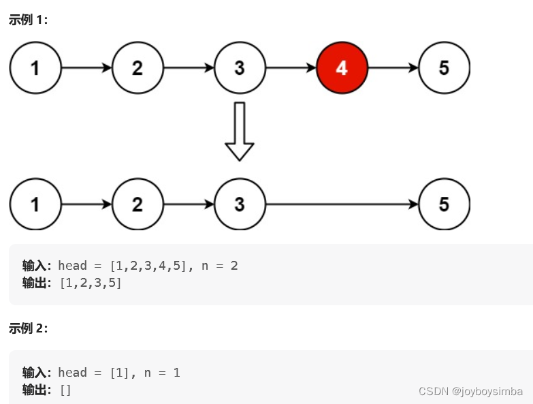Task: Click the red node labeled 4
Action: (x=342, y=68)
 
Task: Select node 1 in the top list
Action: (x=35, y=68)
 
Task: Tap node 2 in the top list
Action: (x=138, y=68)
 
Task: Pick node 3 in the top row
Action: (x=240, y=68)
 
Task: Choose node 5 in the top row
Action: (x=444, y=68)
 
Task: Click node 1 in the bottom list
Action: (x=35, y=204)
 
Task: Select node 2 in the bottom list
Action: (x=138, y=204)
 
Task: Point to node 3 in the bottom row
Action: (x=240, y=204)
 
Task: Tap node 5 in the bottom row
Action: (x=444, y=204)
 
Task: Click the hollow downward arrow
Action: (x=239, y=131)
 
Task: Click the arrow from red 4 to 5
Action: (x=393, y=68)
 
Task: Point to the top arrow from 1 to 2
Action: (x=86, y=68)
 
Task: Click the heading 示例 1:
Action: (x=28, y=20)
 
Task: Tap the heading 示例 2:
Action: (x=28, y=328)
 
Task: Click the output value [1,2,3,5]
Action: (x=91, y=283)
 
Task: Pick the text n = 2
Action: (x=220, y=266)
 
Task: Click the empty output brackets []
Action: (x=65, y=390)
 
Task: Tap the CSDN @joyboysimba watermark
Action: (x=470, y=391)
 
